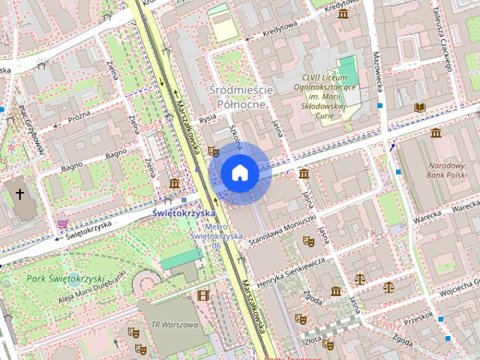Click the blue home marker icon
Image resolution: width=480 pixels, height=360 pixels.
tap(239, 173)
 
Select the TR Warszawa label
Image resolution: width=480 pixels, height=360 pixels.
tap(174, 325)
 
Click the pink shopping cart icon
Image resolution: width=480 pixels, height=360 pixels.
tap(61, 223)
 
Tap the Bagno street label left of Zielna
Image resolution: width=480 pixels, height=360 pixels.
tap(73, 165)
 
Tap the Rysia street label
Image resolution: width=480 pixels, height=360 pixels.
tap(208, 120)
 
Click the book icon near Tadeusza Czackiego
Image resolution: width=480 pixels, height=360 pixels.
tap(420, 108)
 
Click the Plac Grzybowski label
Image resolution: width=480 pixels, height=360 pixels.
tap(32, 127)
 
